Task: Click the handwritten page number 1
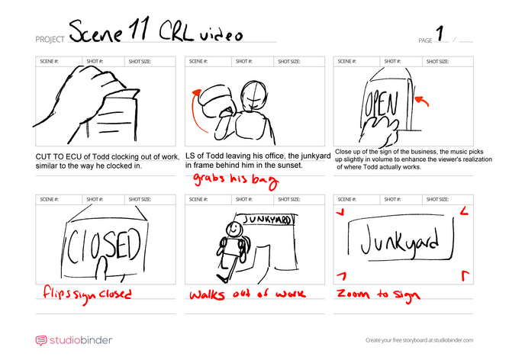[x=440, y=33]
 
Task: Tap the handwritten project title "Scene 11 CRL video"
[x=156, y=31]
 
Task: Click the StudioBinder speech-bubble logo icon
[x=41, y=340]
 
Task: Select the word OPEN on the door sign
[x=381, y=104]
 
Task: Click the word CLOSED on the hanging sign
[x=104, y=246]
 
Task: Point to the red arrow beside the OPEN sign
[x=422, y=101]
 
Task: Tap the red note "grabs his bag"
[x=236, y=180]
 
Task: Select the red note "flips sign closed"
[x=87, y=294]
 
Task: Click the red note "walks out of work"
[x=247, y=294]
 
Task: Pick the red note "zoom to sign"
[x=379, y=294]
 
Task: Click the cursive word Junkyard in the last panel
[x=400, y=241]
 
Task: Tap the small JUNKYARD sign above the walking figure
[x=268, y=220]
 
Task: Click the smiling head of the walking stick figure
[x=234, y=230]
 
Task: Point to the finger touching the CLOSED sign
[x=101, y=268]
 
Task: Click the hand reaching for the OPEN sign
[x=381, y=131]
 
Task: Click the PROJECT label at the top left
[x=50, y=40]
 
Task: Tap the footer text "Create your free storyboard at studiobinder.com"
[x=419, y=340]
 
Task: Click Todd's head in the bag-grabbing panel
[x=253, y=95]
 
